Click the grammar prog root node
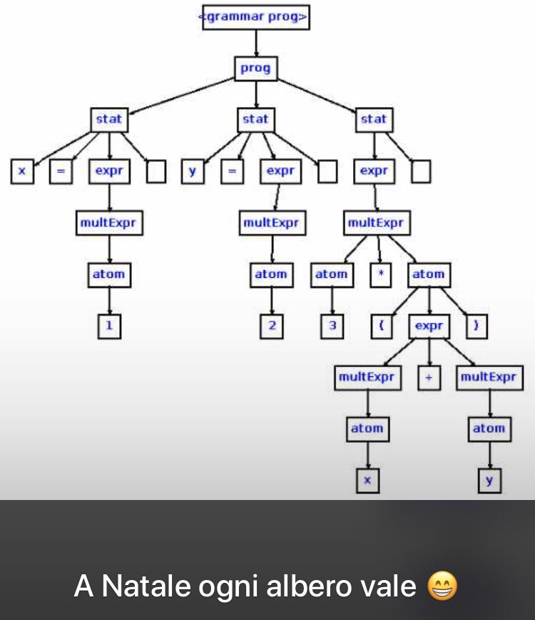coord(256,17)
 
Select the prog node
coord(256,69)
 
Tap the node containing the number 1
coord(109,326)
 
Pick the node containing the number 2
coord(271,326)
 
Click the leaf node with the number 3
coord(332,326)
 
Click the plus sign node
coord(429,378)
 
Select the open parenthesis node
coord(382,326)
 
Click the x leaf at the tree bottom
coord(367,481)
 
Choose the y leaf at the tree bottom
coord(489,481)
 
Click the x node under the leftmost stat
coord(22,171)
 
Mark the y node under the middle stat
coord(192,171)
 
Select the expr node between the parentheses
coord(429,326)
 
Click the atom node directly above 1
coord(109,274)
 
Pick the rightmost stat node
coord(374,119)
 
